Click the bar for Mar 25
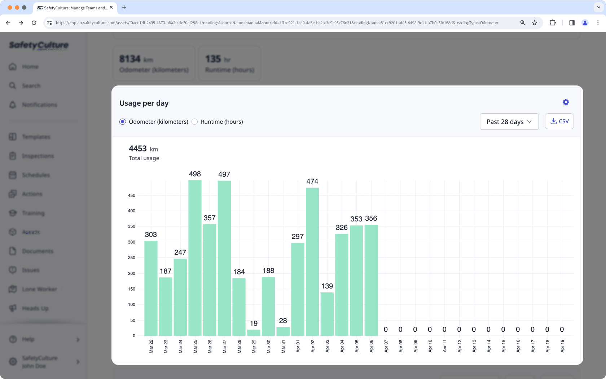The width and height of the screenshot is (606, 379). tap(195, 258)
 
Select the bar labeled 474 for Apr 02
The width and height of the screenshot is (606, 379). tap(312, 261)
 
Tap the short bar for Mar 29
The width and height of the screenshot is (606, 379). tap(254, 332)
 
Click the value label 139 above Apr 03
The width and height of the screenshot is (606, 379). tap(327, 286)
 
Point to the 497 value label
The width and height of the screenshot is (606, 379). tap(224, 174)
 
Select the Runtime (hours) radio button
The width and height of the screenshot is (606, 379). tap(195, 122)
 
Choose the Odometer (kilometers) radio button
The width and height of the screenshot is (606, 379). tap(123, 122)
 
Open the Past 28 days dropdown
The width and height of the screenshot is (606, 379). tap(509, 122)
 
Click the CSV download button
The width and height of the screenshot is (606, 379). tap(559, 122)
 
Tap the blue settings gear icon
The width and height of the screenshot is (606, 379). tap(566, 102)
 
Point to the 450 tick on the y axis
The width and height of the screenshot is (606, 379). tap(132, 195)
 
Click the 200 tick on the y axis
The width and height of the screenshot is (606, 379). tap(132, 273)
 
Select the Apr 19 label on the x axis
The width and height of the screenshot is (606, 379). tap(562, 346)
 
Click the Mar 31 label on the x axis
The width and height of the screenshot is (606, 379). tap(283, 346)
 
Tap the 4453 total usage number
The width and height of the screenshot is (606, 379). tap(138, 149)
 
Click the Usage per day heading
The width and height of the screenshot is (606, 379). tap(144, 103)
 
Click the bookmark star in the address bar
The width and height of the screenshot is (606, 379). tap(535, 23)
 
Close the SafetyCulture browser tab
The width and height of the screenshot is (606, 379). tap(111, 7)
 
